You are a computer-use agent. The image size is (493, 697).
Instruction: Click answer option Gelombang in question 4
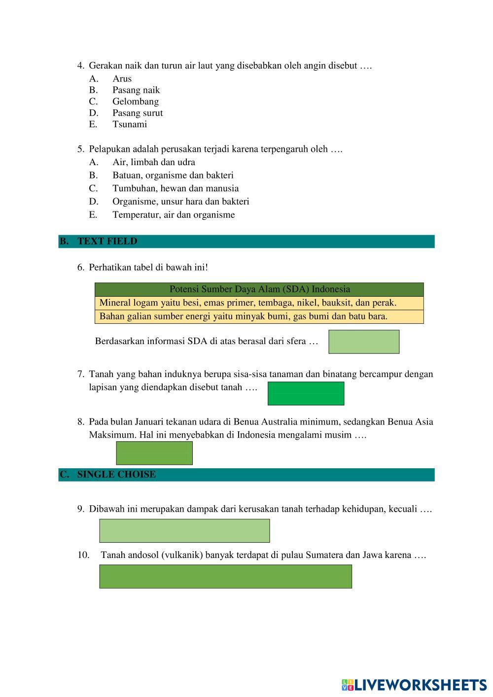tap(135, 102)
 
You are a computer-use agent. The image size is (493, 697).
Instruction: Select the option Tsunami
tap(129, 124)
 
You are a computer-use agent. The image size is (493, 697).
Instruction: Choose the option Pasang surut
tap(137, 113)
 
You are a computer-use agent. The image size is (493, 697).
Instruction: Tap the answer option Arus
tap(122, 79)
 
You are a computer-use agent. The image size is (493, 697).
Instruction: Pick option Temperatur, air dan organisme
tap(173, 215)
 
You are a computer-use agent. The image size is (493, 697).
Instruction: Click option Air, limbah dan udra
tap(153, 162)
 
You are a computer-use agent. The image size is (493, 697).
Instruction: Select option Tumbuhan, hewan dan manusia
tap(175, 188)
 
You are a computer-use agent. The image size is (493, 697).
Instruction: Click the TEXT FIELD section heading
tap(107, 242)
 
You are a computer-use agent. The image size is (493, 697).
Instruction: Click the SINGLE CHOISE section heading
tap(116, 475)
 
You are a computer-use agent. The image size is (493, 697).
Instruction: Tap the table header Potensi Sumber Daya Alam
tap(259, 289)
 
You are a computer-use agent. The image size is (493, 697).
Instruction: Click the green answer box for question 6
tap(364, 342)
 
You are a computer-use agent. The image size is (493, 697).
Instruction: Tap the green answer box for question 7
tap(306, 393)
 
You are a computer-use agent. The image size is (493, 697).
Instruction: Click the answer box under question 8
tap(154, 453)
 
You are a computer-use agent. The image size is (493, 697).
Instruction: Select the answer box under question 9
tap(184, 531)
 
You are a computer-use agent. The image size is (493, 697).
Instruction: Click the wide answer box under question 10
tap(225, 576)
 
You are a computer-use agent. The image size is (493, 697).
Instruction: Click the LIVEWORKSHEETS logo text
tap(420, 685)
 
